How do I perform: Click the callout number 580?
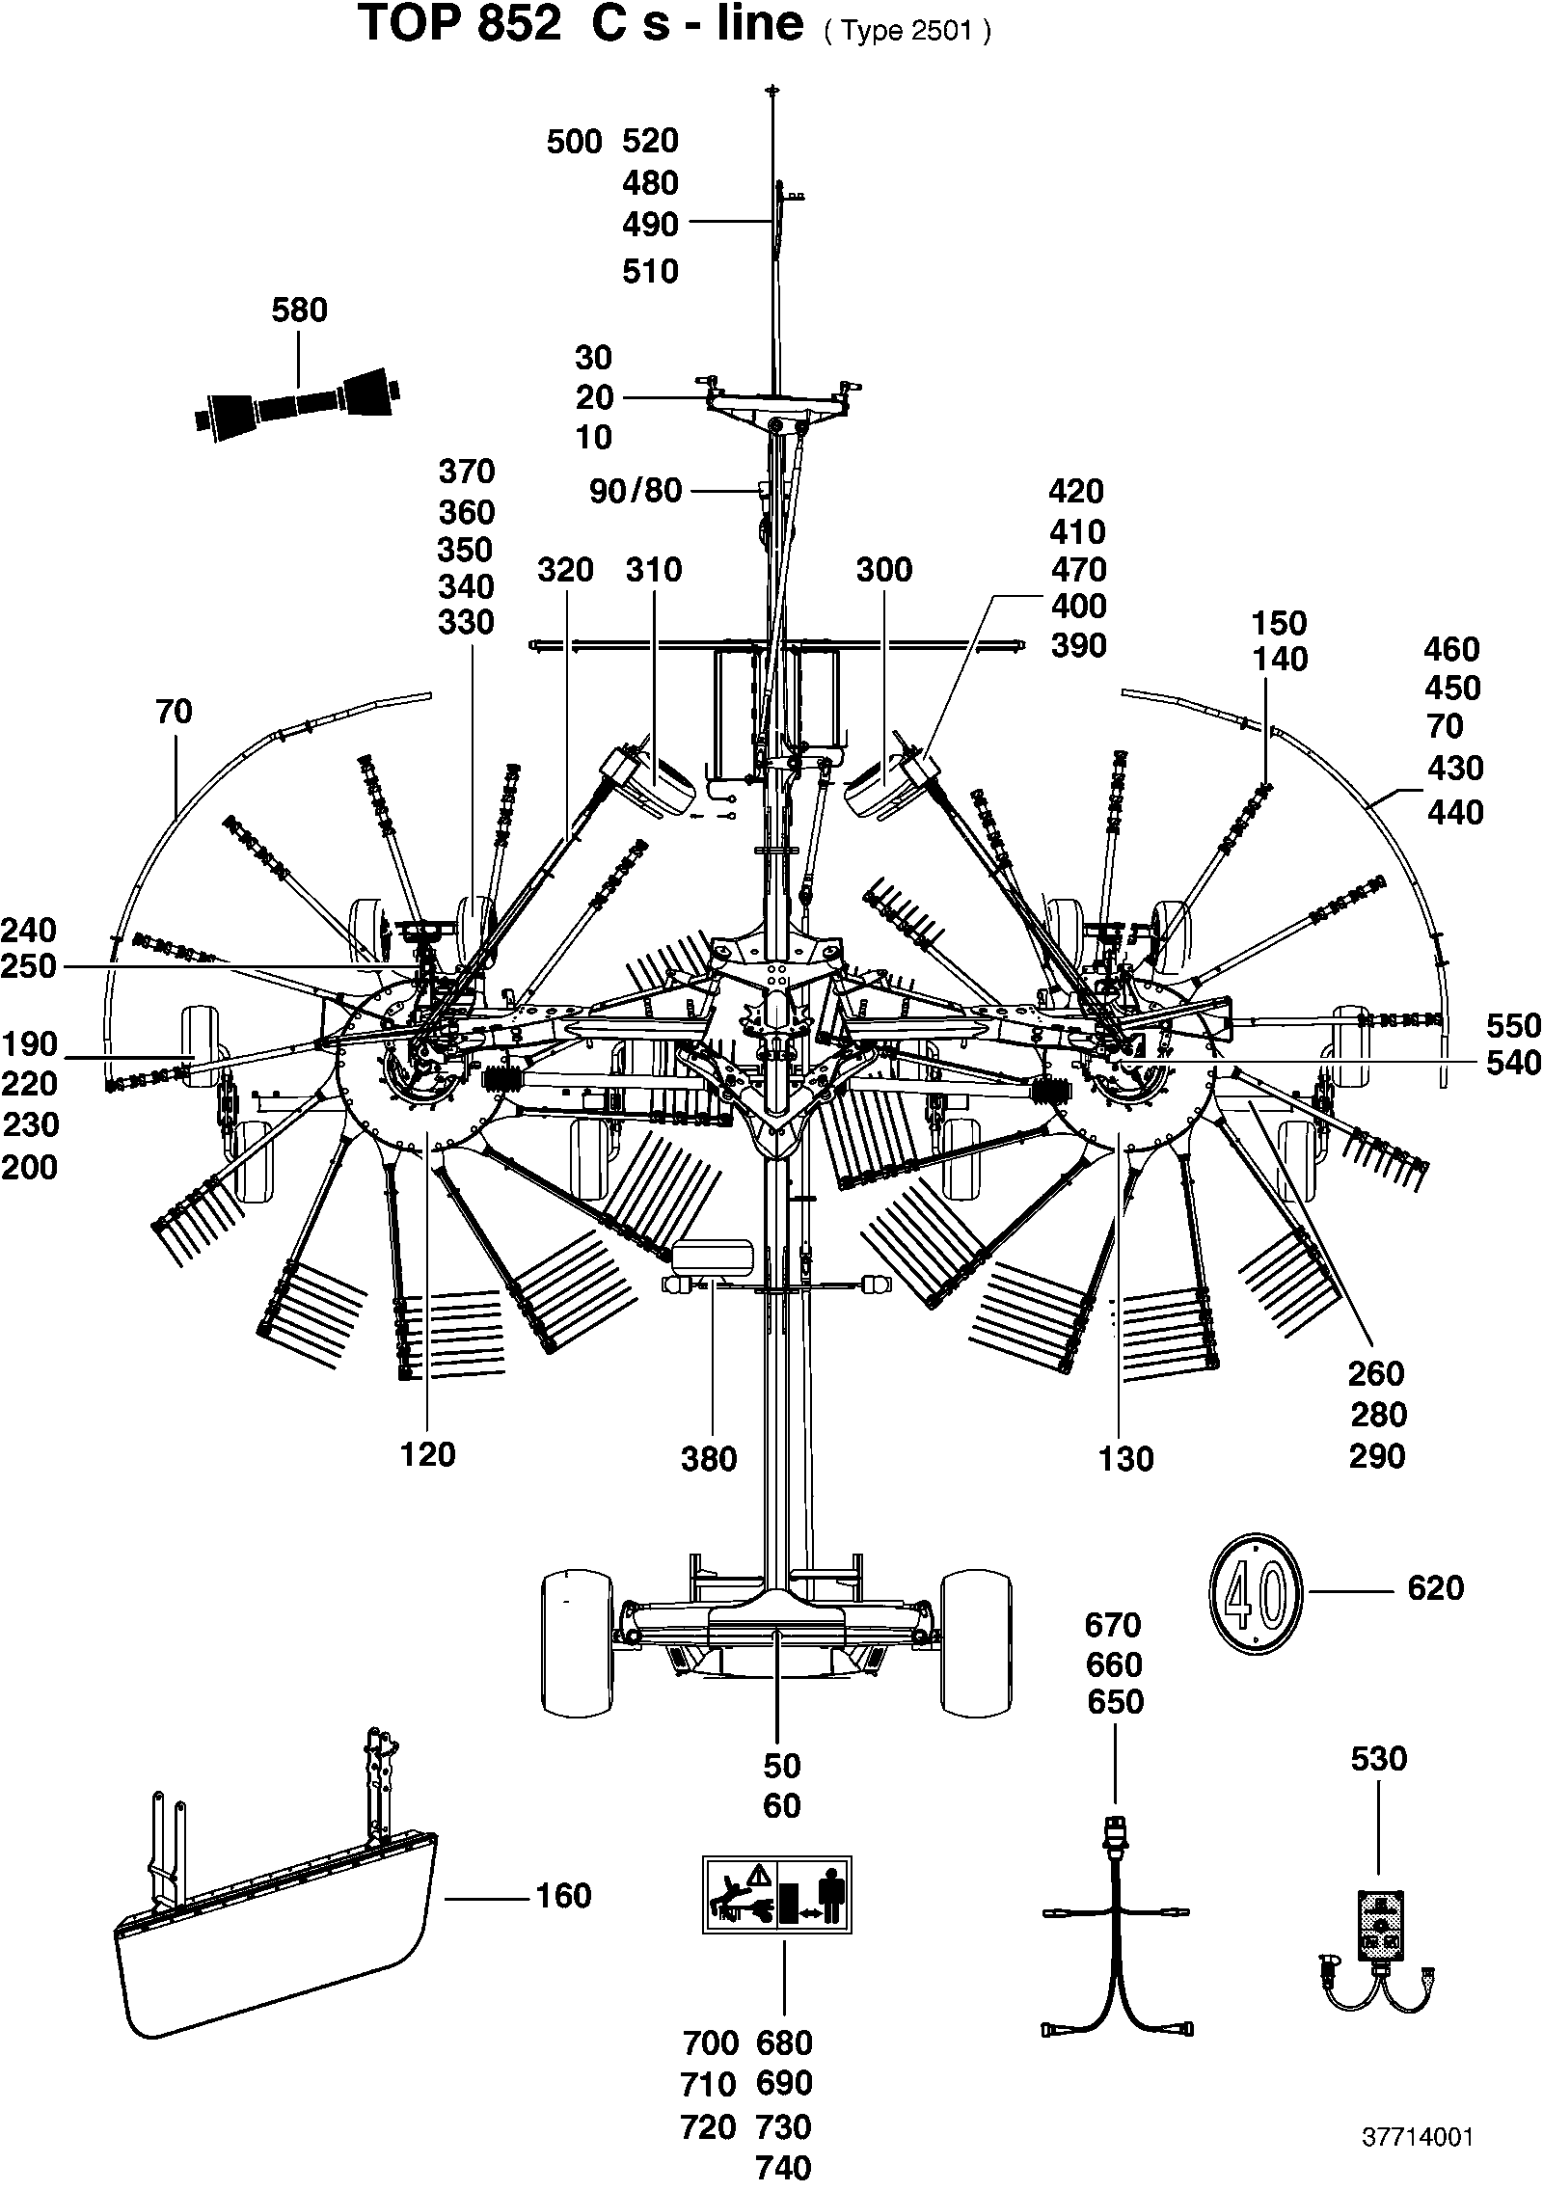(x=300, y=311)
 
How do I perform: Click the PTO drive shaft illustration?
(x=300, y=405)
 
